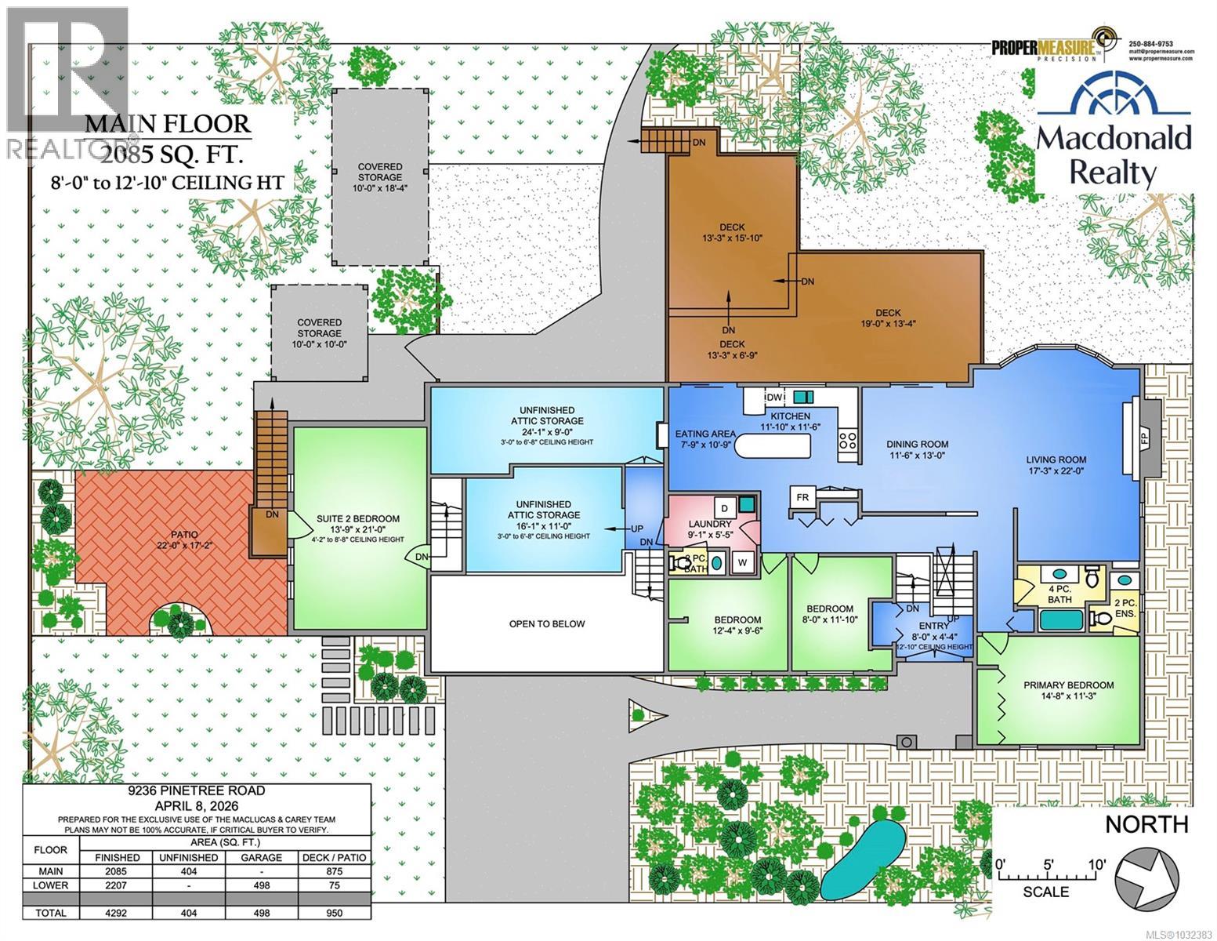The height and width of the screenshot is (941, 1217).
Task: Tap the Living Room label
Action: click(x=1057, y=466)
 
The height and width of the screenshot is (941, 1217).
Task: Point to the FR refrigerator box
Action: click(x=802, y=497)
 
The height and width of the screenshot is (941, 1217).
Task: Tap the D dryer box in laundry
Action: click(x=725, y=510)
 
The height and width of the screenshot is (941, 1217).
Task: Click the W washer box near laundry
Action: click(x=741, y=561)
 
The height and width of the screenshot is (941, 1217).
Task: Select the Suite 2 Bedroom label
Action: click(x=357, y=524)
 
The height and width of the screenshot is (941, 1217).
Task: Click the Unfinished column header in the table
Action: click(x=188, y=857)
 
